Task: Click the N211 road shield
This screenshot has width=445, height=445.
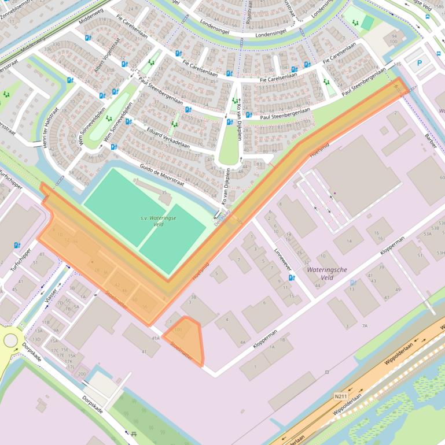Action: tap(341, 396)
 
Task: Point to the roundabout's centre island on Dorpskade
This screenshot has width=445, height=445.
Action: tap(10, 340)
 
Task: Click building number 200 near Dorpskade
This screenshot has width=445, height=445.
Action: tap(82, 374)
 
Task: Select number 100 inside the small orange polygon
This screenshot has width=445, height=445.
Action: tap(178, 330)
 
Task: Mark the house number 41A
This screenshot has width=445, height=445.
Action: tap(155, 338)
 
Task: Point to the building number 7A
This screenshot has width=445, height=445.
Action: tap(365, 326)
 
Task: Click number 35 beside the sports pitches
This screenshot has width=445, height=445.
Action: tap(164, 192)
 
